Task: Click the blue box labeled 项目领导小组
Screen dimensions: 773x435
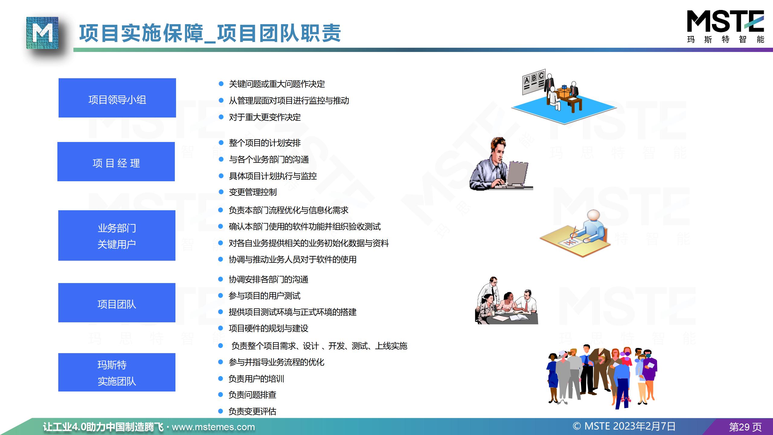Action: (117, 98)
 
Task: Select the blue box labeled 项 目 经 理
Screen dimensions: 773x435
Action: (116, 162)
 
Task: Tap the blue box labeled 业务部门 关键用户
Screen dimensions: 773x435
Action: (117, 235)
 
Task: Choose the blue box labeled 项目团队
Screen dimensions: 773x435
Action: (117, 303)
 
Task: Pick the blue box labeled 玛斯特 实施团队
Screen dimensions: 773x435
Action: (117, 372)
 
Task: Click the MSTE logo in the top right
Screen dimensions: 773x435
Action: (725, 27)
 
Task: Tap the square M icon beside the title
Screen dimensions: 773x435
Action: (42, 33)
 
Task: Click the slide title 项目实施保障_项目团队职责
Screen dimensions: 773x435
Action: (210, 33)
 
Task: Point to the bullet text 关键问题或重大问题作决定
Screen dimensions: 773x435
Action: (277, 84)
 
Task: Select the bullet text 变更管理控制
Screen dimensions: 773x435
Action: (253, 192)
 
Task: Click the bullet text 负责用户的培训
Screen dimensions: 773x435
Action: (256, 379)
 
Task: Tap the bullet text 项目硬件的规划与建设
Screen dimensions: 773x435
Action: (268, 328)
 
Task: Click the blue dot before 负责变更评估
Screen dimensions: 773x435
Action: (221, 411)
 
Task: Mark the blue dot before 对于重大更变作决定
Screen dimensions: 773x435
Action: (221, 117)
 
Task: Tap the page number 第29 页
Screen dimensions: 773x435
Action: (746, 427)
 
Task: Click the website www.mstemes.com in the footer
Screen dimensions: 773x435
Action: (213, 427)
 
